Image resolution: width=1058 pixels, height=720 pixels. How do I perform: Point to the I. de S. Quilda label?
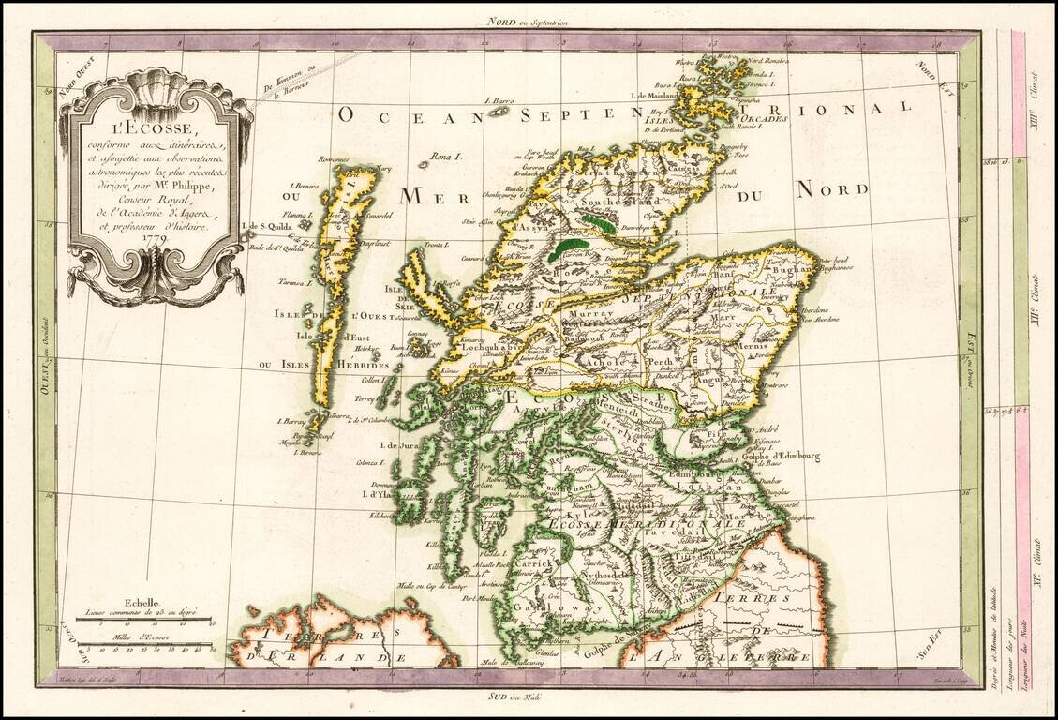[266, 226]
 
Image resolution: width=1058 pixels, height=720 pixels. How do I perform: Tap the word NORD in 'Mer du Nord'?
[831, 190]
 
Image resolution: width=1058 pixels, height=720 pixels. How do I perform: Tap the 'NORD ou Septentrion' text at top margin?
[528, 21]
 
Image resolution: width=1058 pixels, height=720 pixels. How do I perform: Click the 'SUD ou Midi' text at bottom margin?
[528, 697]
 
